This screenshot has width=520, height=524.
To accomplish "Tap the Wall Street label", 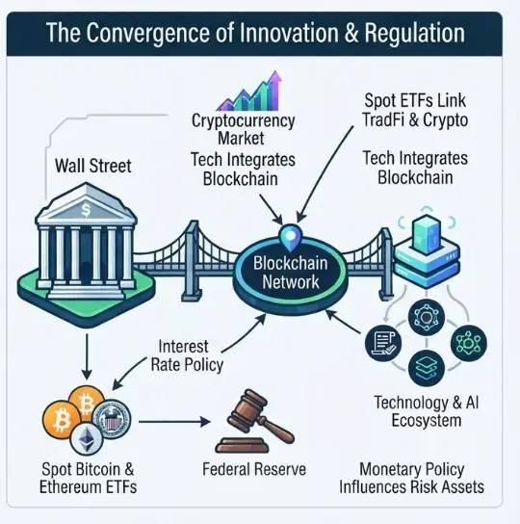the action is (93, 166).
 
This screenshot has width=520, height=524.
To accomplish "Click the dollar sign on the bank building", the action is (86, 210).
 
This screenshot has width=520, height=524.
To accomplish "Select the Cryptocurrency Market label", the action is (243, 129).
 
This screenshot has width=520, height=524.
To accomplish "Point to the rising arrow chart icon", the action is (250, 91).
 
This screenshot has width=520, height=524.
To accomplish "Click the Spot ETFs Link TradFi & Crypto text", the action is (415, 110).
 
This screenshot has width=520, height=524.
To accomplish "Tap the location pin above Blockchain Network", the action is (290, 238).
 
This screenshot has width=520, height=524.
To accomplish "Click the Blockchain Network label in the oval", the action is (291, 273).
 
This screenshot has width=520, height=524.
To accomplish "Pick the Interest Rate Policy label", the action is (187, 355).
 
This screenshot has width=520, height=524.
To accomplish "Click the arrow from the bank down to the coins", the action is (87, 356).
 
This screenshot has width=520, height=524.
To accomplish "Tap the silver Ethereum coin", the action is (87, 439).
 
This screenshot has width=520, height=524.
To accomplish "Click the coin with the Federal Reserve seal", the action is (112, 418).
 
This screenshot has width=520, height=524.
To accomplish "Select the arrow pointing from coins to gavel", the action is (174, 422).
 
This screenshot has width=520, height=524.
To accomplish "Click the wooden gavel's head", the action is (247, 408).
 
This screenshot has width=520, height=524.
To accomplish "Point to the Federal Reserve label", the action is (254, 469).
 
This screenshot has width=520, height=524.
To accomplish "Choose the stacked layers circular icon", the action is (427, 368).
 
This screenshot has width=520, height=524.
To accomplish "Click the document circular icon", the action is (383, 343).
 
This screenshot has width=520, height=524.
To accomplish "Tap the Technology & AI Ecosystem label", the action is (427, 411).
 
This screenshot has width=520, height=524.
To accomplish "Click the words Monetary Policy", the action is (412, 470).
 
